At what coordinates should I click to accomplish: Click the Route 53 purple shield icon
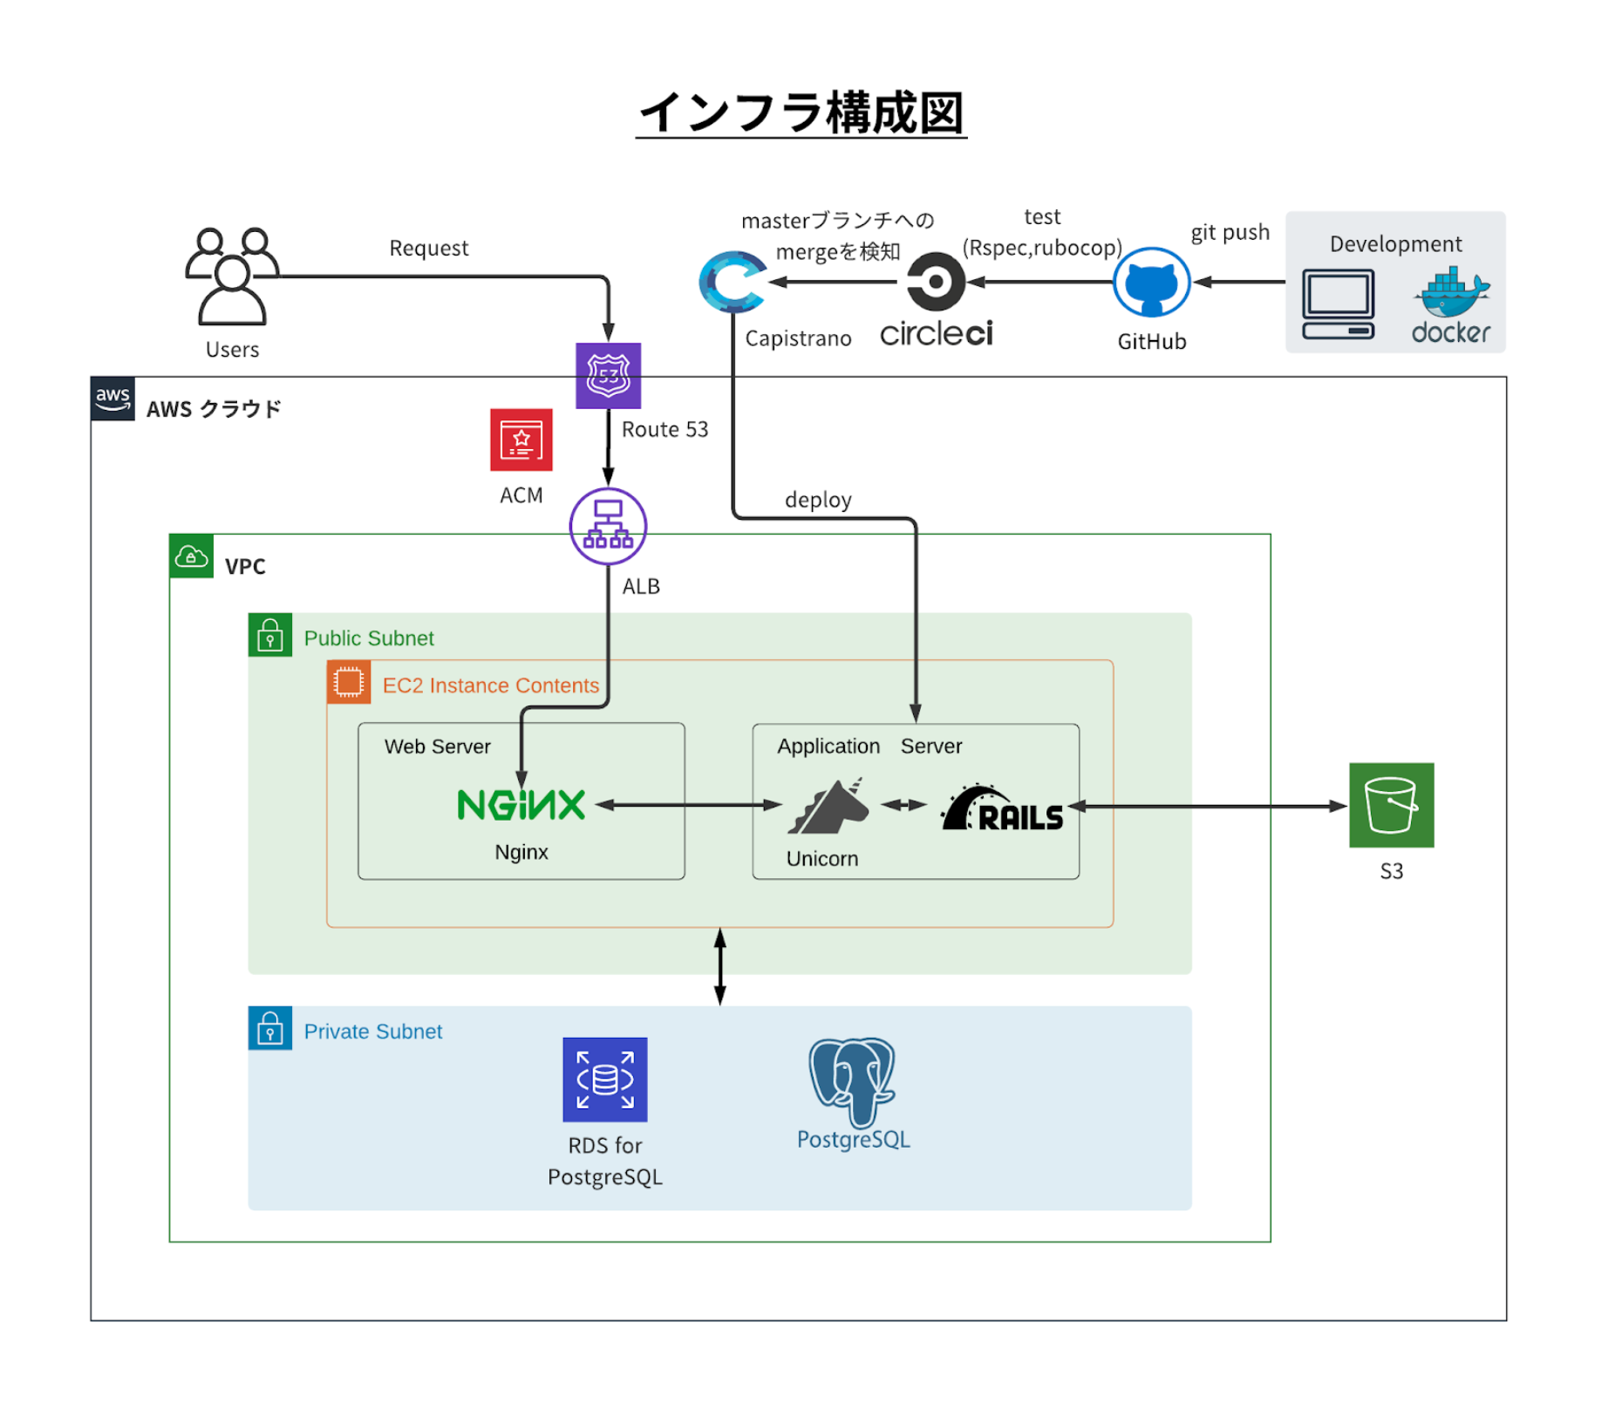coord(608,375)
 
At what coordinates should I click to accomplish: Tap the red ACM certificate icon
coord(521,440)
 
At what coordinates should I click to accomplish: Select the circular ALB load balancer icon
coord(608,526)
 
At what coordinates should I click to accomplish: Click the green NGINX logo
coord(521,804)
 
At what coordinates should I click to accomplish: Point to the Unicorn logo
coord(828,806)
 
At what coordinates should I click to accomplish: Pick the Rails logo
coord(1003,809)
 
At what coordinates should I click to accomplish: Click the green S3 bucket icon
coord(1391,805)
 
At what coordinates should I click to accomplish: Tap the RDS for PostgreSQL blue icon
coord(604,1079)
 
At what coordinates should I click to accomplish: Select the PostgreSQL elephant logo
coord(852,1081)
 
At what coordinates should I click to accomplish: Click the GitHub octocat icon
coord(1151,282)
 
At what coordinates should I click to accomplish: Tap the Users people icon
coord(232,276)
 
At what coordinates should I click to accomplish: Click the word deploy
coord(817,500)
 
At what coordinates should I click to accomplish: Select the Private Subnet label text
coord(372,1032)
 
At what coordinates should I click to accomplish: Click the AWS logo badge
coord(112,399)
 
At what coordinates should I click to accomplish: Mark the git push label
coord(1230,232)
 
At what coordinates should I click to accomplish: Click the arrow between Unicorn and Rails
coord(903,805)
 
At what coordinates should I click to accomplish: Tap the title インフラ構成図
coord(801,113)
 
